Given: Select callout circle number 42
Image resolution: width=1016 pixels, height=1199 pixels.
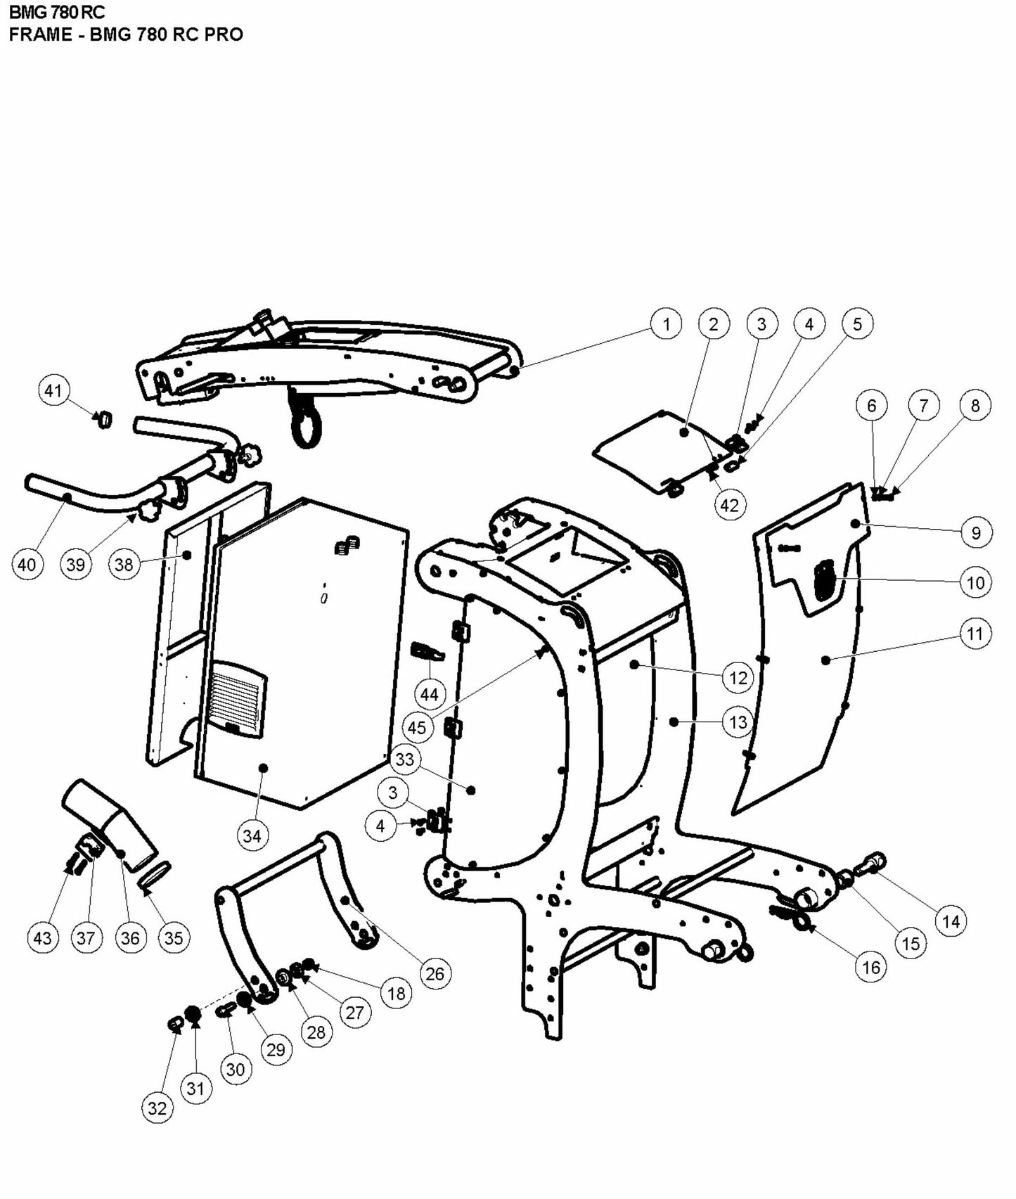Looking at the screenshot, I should tap(730, 505).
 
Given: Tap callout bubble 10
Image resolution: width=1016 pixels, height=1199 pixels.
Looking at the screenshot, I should tap(976, 582).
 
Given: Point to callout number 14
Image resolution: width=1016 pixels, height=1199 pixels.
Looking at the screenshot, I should tap(951, 921).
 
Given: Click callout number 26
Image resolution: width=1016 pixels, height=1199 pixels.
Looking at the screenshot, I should tap(435, 973).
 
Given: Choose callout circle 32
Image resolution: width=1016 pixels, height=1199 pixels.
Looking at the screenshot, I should tap(157, 1108).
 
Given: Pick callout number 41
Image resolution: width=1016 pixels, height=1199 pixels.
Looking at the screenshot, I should tap(54, 390).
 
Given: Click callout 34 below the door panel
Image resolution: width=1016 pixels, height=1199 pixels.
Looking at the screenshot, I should tap(252, 835).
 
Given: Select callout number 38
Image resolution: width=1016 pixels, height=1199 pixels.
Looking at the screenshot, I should tap(124, 565).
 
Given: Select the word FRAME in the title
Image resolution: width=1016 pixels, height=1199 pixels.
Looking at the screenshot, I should tap(41, 34).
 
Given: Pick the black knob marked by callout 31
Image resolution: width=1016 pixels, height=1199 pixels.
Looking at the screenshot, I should tap(191, 1014).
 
